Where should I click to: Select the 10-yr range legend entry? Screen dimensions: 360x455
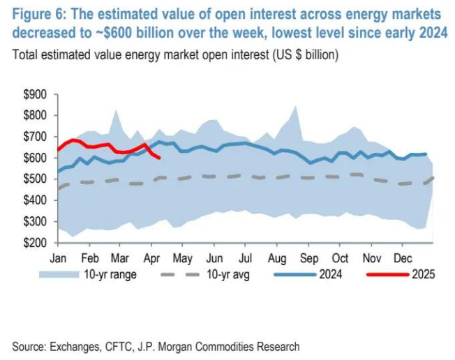[112, 274]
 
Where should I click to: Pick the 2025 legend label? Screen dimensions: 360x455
[423, 274]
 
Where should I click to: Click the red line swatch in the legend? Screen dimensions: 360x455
[387, 274]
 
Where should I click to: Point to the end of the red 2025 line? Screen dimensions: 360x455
[160, 158]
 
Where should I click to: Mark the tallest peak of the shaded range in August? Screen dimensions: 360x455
[295, 106]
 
